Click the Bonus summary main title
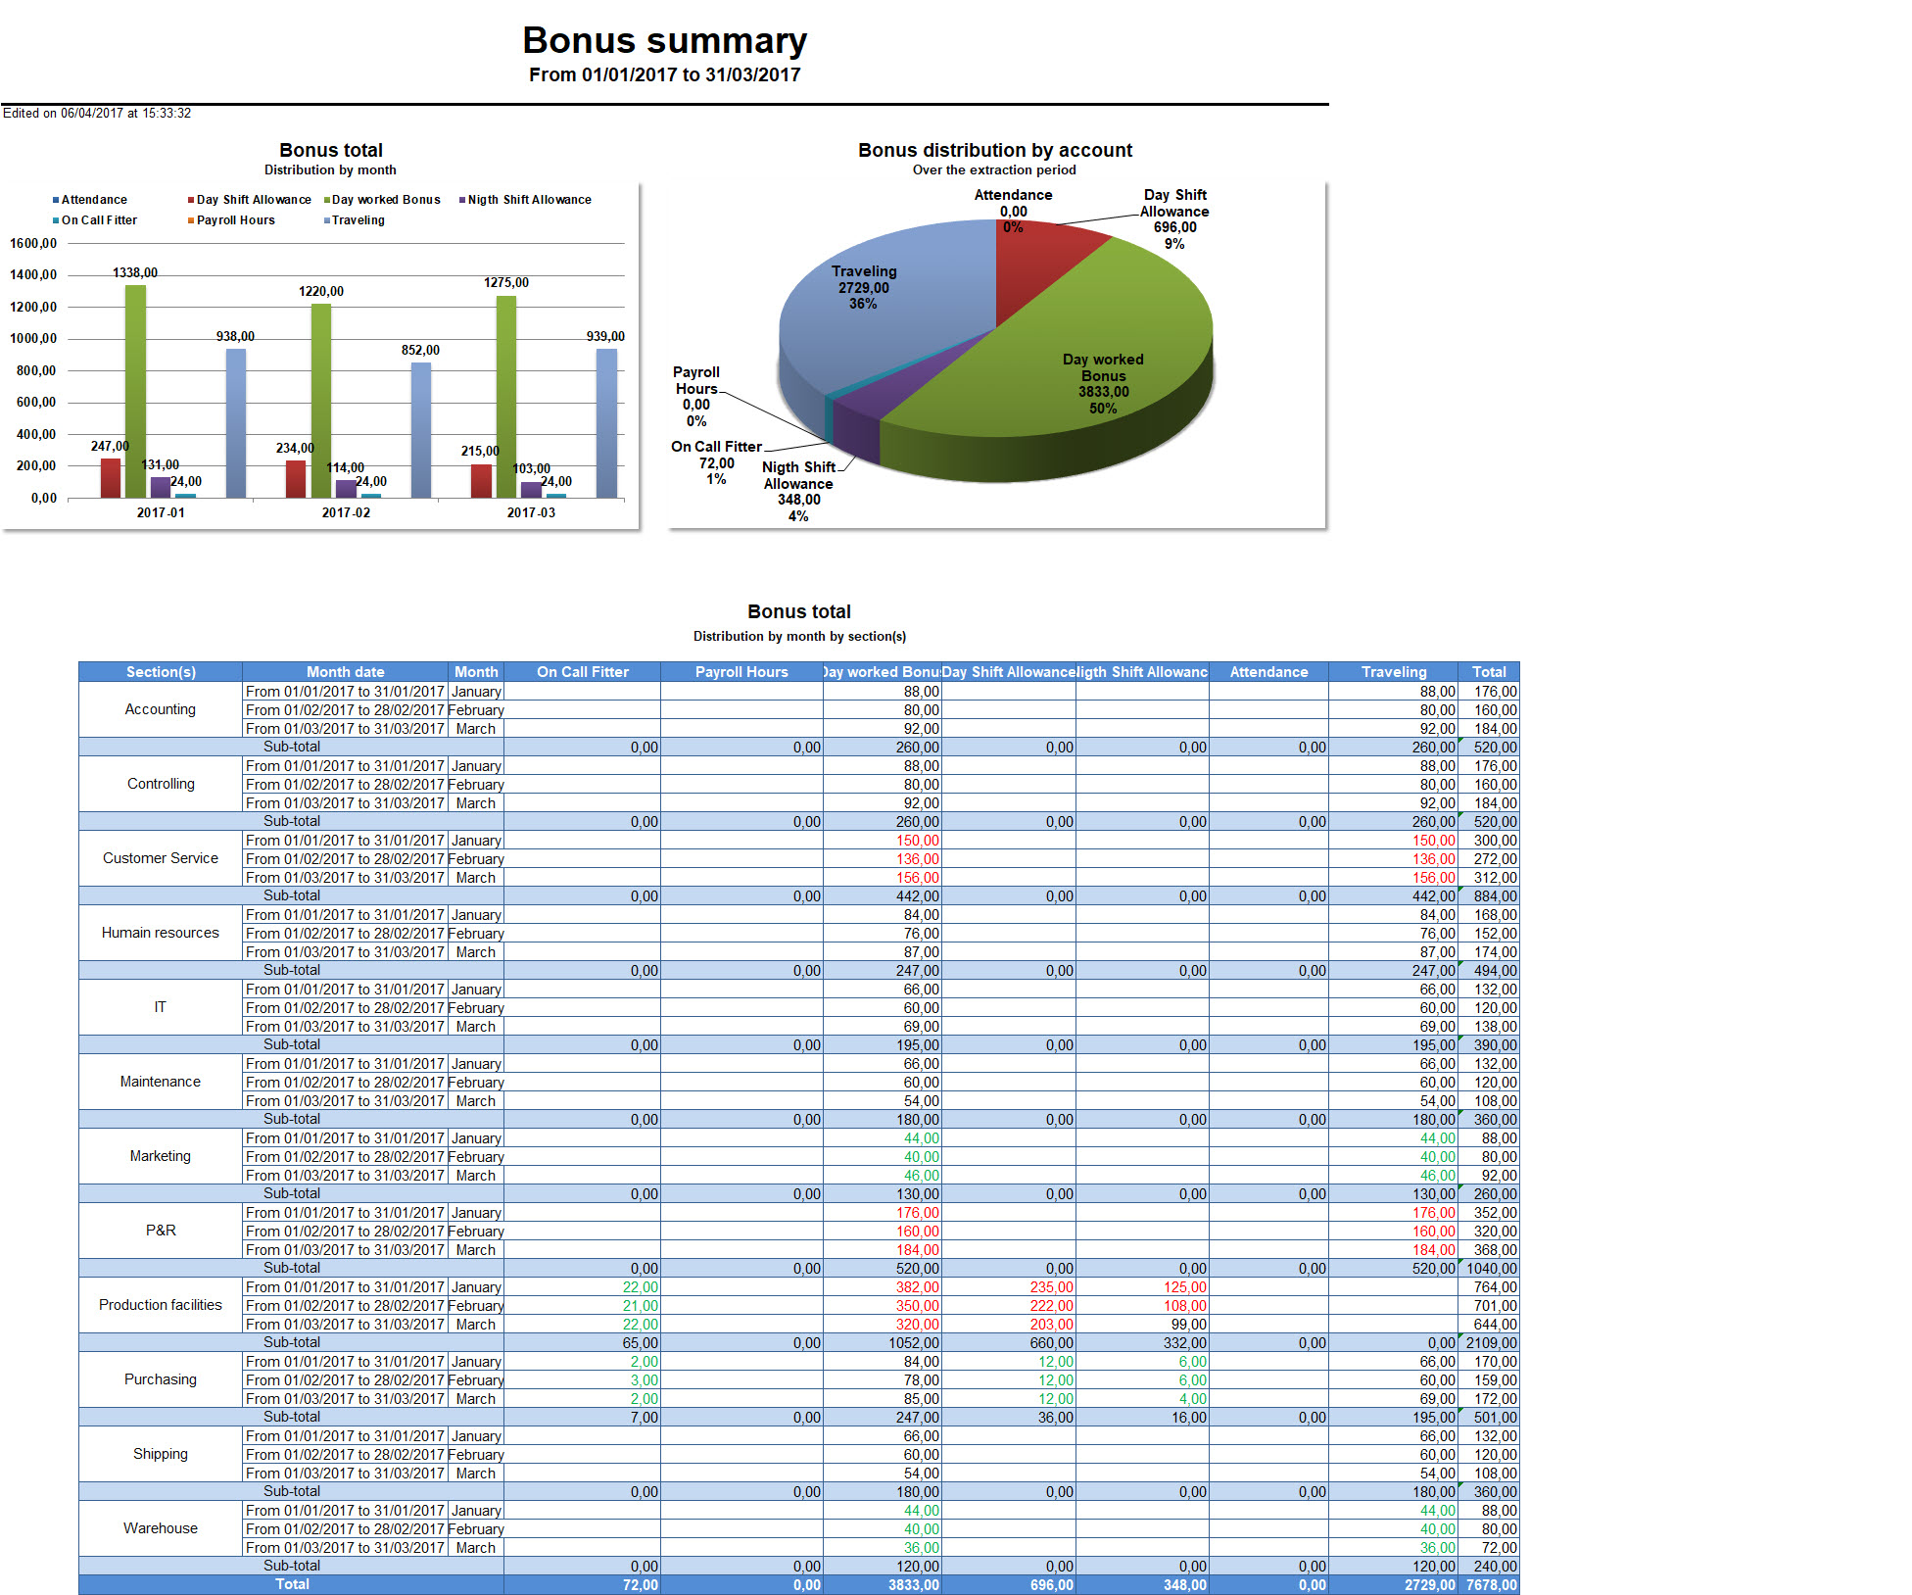[x=664, y=41]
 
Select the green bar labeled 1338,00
[x=135, y=392]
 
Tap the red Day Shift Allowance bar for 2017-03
[x=481, y=480]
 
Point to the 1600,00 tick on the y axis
[x=33, y=243]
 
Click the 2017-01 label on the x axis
[x=161, y=512]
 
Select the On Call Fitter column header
[x=582, y=672]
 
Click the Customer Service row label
[x=161, y=858]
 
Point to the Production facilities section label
[x=161, y=1305]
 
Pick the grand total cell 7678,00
[x=1491, y=1585]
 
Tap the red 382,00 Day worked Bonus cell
[x=917, y=1287]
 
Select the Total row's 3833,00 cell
[x=913, y=1585]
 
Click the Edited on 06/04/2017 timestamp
[x=97, y=114]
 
